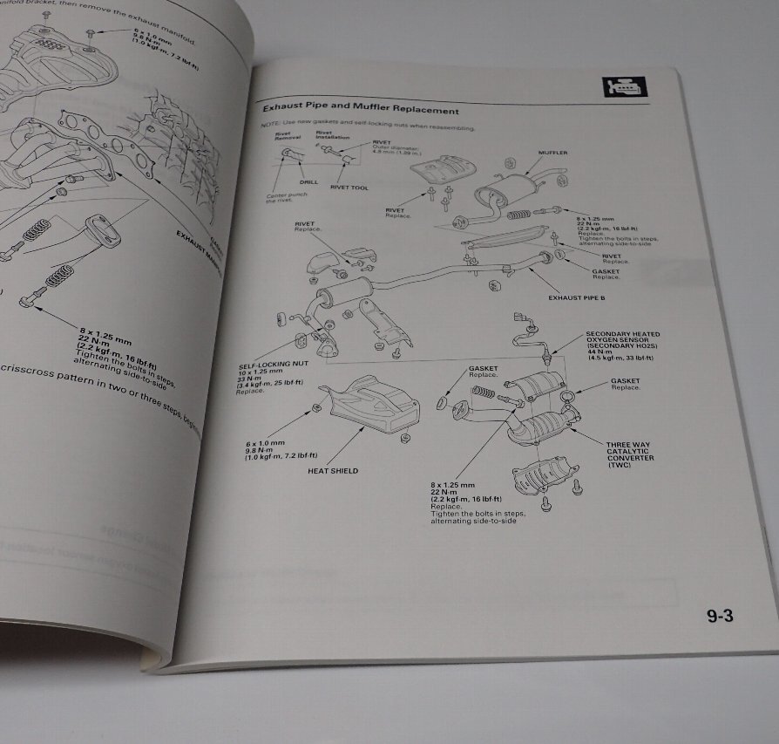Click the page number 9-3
[720, 617]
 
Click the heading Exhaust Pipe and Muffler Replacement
[361, 112]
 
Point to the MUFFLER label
[552, 153]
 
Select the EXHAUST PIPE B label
[576, 297]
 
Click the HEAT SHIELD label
[333, 471]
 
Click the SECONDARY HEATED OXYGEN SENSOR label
[623, 339]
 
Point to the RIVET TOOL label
[349, 188]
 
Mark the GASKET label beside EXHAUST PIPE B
[606, 271]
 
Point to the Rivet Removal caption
[287, 136]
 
